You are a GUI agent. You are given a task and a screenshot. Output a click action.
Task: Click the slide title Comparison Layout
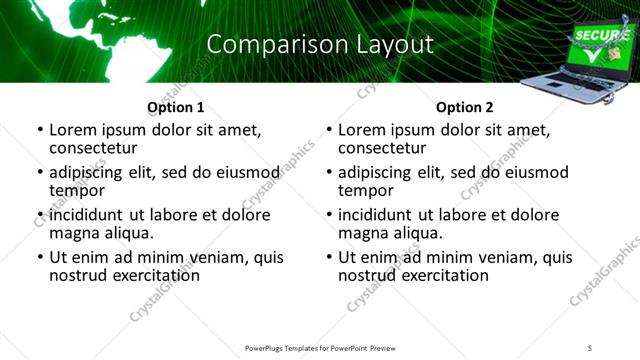320,44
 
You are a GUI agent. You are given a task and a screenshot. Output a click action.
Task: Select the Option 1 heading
175,107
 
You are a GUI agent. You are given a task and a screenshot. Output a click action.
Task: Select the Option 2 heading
464,107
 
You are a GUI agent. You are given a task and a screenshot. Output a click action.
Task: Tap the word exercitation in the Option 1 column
155,274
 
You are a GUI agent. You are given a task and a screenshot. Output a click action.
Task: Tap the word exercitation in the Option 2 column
444,274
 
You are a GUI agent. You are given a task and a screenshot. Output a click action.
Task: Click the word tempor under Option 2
364,190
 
